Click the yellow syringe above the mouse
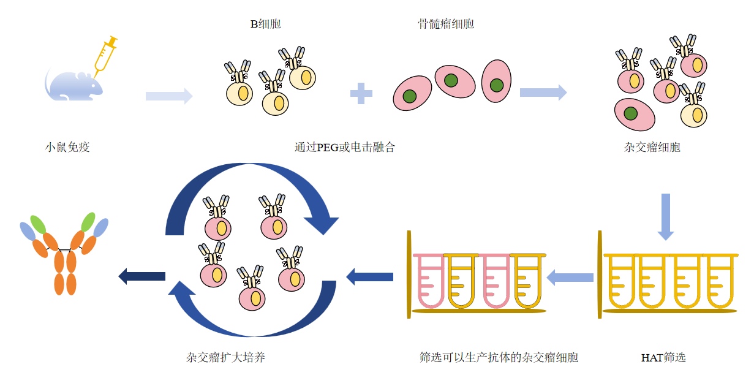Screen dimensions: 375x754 point(105,55)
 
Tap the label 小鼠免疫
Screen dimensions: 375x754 point(67,147)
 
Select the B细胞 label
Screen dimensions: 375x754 point(265,25)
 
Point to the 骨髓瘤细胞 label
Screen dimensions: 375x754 point(445,25)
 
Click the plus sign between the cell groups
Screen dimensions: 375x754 point(361,94)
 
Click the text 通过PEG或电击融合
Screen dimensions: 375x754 point(344,147)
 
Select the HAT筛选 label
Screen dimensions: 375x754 point(663,357)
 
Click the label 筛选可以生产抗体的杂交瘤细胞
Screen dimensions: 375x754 point(499,357)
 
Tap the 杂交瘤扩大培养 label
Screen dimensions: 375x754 point(225,357)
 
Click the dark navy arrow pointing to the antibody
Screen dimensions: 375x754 point(141,276)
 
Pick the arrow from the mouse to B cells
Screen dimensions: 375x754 point(169,96)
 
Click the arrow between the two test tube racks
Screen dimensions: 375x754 point(570,278)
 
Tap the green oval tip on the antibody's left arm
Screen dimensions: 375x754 point(38,224)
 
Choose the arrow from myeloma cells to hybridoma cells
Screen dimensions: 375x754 point(543,93)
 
